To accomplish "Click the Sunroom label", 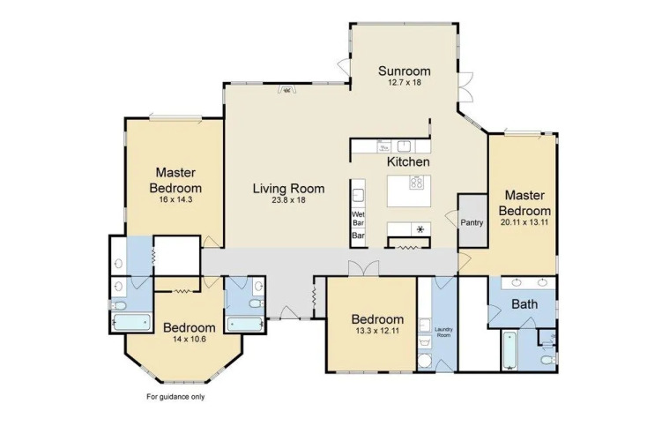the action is point(404,71).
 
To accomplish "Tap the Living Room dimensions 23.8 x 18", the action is point(289,200).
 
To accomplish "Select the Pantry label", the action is point(472,222).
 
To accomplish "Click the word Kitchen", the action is point(408,161).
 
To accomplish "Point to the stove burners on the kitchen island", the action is point(416,183).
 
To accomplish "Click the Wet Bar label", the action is point(358,219).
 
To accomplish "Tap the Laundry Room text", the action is point(443,332).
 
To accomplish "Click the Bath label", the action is point(524,303).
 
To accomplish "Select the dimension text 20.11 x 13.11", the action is point(524,222).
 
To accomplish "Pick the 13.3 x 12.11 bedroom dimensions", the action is point(377,331).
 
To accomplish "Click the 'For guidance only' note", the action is point(175,397).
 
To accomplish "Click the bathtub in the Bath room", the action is point(510,351).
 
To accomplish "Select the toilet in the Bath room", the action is point(548,361).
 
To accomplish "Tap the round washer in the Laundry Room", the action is point(424,362).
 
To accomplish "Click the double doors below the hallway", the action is point(363,268).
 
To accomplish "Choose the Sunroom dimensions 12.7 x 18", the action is point(405,82).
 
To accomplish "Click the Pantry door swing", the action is point(451,218).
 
